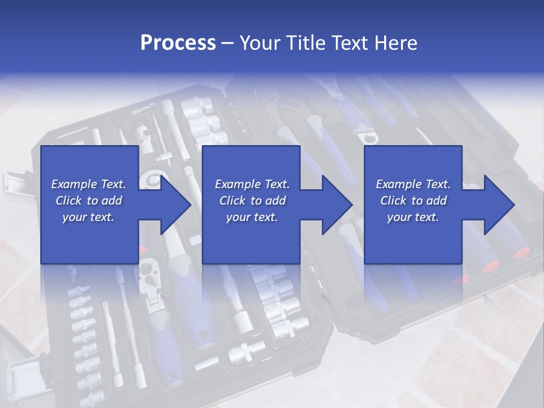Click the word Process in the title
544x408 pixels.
(178, 43)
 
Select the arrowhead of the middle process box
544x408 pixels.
(336, 205)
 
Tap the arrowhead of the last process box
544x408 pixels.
(498, 205)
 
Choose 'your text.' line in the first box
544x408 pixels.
(88, 217)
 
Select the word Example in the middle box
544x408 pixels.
(234, 184)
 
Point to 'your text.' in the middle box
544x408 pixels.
(252, 217)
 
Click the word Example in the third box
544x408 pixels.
(395, 184)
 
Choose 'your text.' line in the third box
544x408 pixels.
(413, 217)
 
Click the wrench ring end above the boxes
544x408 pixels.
(369, 137)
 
